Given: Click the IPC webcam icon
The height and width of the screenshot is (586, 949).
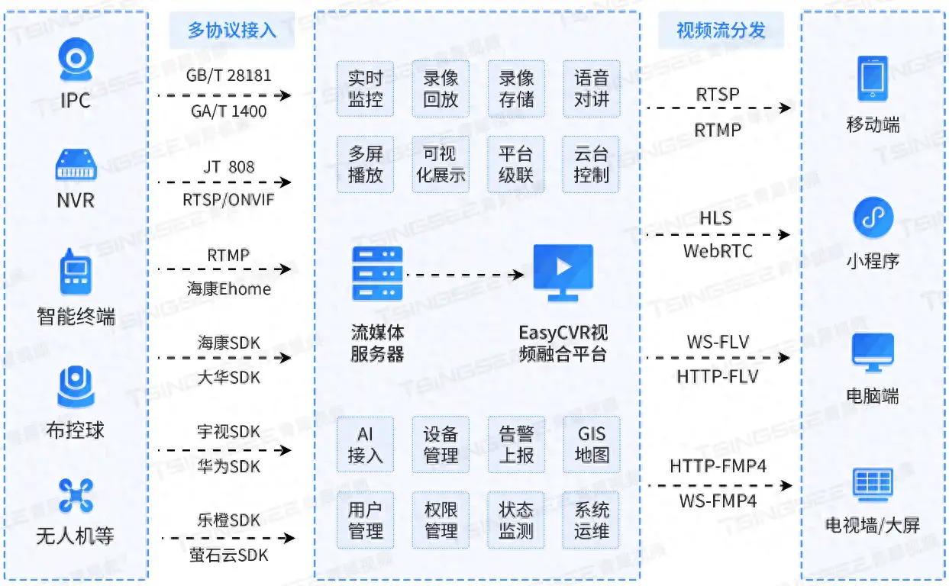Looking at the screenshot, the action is click(76, 60).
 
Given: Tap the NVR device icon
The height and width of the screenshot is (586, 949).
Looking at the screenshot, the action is click(76, 164).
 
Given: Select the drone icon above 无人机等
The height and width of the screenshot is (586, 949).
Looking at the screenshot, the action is click(76, 495).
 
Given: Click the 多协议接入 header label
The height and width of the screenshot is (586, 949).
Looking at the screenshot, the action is click(232, 31).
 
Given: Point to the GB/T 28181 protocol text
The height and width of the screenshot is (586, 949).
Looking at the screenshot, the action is click(228, 76).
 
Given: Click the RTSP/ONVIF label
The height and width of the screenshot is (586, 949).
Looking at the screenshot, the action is click(228, 200).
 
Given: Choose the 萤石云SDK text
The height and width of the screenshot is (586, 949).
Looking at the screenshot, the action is click(229, 555).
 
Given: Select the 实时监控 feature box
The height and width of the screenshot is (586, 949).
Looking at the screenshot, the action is click(365, 89).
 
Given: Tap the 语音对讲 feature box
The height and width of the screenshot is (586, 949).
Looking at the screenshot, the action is click(592, 89).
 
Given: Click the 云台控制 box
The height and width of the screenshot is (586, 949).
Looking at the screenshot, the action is click(591, 164).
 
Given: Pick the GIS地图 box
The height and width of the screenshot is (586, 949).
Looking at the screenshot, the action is click(592, 445).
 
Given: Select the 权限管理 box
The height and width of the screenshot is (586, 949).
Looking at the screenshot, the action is click(441, 520).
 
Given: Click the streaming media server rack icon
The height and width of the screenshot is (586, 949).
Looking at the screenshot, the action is click(377, 273).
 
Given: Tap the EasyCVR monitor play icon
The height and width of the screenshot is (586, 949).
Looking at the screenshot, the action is click(563, 272).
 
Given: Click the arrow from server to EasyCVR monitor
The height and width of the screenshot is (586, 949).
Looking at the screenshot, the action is click(465, 275).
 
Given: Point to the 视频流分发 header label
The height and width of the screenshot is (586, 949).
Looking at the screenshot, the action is click(721, 31).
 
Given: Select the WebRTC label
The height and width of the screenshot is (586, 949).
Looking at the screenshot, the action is click(718, 252).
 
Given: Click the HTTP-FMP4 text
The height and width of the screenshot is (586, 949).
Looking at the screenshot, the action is click(718, 466).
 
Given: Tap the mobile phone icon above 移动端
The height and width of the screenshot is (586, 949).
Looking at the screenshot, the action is click(873, 79).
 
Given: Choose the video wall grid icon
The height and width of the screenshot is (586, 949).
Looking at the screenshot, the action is click(873, 485).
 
